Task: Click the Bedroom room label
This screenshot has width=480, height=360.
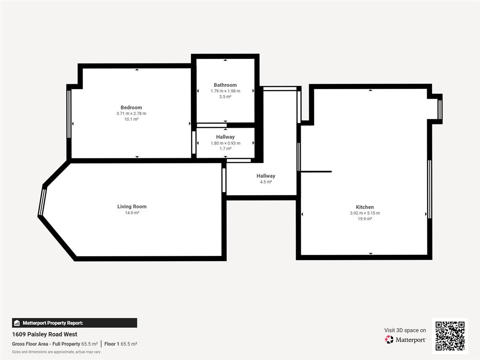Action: [131, 108]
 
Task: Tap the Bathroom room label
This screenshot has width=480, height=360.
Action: [225, 85]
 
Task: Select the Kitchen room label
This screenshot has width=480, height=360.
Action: [365, 207]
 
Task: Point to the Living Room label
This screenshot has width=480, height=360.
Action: [132, 206]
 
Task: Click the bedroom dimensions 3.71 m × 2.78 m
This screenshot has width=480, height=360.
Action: [131, 114]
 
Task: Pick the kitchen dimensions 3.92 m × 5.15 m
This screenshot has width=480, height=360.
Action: [365, 213]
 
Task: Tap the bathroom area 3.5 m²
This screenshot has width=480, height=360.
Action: [225, 97]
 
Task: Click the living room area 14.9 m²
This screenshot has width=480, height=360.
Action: [132, 213]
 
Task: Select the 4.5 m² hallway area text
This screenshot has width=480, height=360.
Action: [266, 182]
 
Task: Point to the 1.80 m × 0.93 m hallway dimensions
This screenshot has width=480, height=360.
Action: [226, 143]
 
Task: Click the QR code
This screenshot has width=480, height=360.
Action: [450, 336]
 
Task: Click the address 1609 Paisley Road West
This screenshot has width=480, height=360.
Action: [45, 334]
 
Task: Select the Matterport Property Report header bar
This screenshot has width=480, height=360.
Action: [74, 323]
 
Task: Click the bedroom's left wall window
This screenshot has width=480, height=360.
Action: [69, 114]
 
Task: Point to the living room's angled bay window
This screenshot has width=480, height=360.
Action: [42, 202]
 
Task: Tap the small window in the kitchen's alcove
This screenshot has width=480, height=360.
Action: [440, 110]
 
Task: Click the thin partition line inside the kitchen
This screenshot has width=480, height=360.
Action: [316, 172]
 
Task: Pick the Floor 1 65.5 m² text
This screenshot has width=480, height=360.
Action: [121, 344]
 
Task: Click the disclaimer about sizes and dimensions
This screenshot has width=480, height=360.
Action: [56, 352]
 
